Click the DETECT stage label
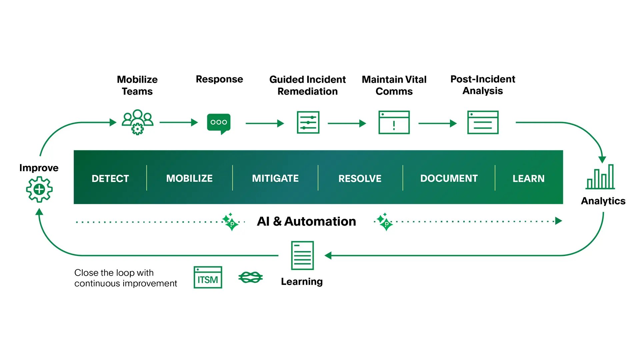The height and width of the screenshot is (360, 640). pyautogui.click(x=110, y=179)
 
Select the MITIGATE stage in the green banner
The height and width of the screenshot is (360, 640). pyautogui.click(x=275, y=179)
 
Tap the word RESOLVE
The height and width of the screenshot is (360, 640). pyautogui.click(x=360, y=179)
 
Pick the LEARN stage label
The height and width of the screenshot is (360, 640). pyautogui.click(x=528, y=179)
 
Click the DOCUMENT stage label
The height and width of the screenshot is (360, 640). pyautogui.click(x=449, y=179)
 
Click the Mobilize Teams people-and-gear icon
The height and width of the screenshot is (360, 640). pyautogui.click(x=137, y=122)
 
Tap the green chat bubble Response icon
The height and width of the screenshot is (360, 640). pyautogui.click(x=219, y=123)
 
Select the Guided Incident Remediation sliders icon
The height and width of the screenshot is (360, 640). pyautogui.click(x=308, y=122)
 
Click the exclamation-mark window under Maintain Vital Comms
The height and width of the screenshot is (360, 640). pyautogui.click(x=394, y=122)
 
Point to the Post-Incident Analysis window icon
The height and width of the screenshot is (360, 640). pyautogui.click(x=483, y=122)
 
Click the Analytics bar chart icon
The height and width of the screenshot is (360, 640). pyautogui.click(x=600, y=177)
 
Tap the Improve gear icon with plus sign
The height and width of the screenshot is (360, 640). pyautogui.click(x=39, y=189)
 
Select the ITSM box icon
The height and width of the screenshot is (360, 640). pyautogui.click(x=208, y=277)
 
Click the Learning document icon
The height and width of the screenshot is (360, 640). pyautogui.click(x=302, y=255)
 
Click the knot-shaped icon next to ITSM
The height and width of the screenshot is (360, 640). pyautogui.click(x=251, y=277)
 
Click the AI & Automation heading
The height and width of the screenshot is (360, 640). pyautogui.click(x=306, y=221)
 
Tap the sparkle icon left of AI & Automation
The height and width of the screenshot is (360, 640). pyautogui.click(x=230, y=222)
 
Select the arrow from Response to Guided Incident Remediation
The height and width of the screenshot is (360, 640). pyautogui.click(x=265, y=123)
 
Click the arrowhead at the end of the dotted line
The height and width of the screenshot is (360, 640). pyautogui.click(x=559, y=221)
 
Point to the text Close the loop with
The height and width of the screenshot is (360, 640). pyautogui.click(x=114, y=273)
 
